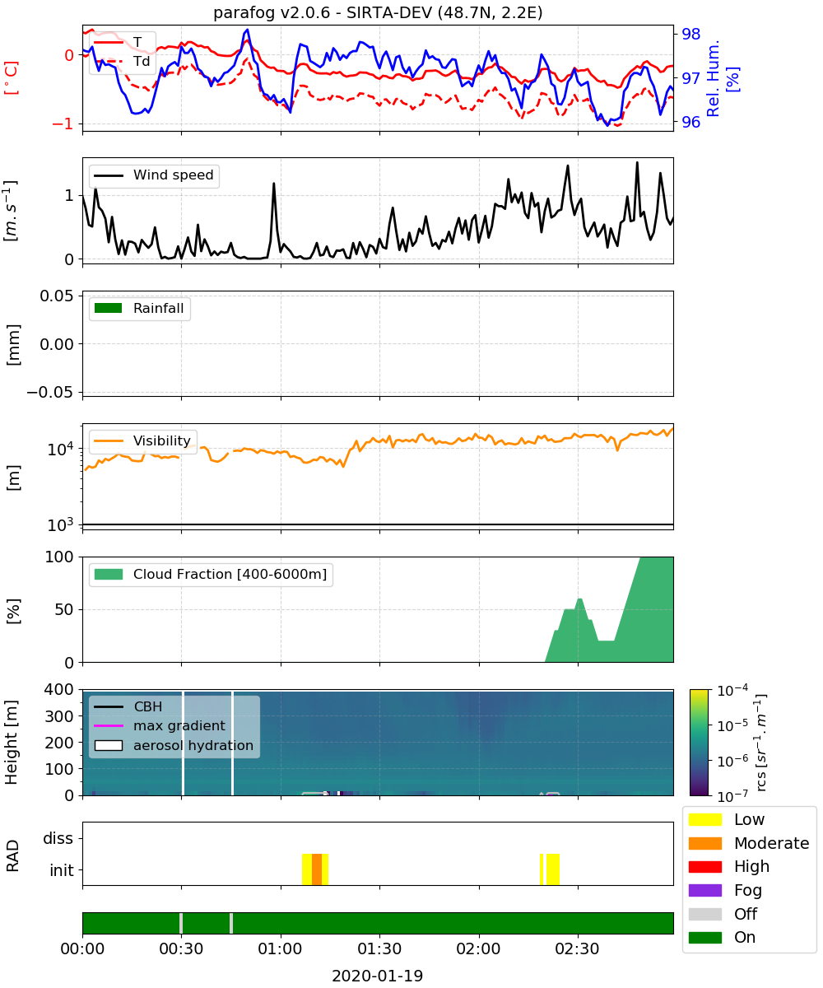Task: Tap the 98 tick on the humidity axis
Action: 691,34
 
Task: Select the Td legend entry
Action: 122,62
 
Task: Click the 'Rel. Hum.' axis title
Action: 713,78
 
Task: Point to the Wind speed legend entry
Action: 154,175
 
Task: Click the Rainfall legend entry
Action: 139,309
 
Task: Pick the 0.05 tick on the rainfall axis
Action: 57,296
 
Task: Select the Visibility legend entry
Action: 142,441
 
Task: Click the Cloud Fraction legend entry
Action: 211,575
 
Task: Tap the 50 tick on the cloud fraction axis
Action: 64,609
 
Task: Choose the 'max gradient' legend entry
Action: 160,726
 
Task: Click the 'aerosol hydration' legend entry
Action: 174,746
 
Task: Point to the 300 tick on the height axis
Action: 59,716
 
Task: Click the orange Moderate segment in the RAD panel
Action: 317,869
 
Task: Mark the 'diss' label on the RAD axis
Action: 58,838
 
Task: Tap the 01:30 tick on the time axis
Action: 379,949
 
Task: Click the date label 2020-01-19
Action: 378,976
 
